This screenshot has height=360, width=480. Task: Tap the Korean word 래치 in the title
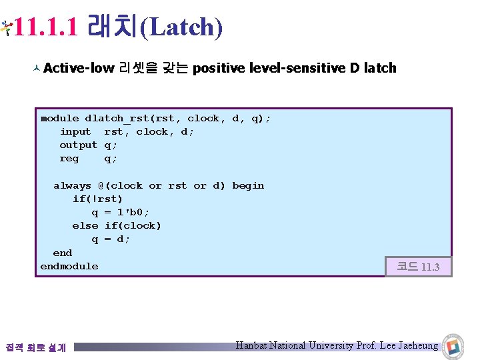113,27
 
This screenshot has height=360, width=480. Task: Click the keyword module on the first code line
59,118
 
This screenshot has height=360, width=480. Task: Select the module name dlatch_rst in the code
117,118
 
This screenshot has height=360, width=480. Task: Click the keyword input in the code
75,131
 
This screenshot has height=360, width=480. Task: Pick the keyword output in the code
78,145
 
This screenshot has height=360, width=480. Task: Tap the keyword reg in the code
69,158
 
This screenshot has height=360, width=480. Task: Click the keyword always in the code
72,185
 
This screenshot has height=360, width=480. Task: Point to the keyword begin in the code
248,185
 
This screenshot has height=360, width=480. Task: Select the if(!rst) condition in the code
97,199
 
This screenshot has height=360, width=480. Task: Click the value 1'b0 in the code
130,212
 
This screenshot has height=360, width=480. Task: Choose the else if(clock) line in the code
117,225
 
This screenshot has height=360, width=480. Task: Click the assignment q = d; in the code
111,239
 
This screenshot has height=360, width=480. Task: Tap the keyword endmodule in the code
69,266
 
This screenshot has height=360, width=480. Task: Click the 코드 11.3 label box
418,267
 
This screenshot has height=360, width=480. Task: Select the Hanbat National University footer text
337,345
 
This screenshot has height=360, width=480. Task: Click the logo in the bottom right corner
454,346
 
